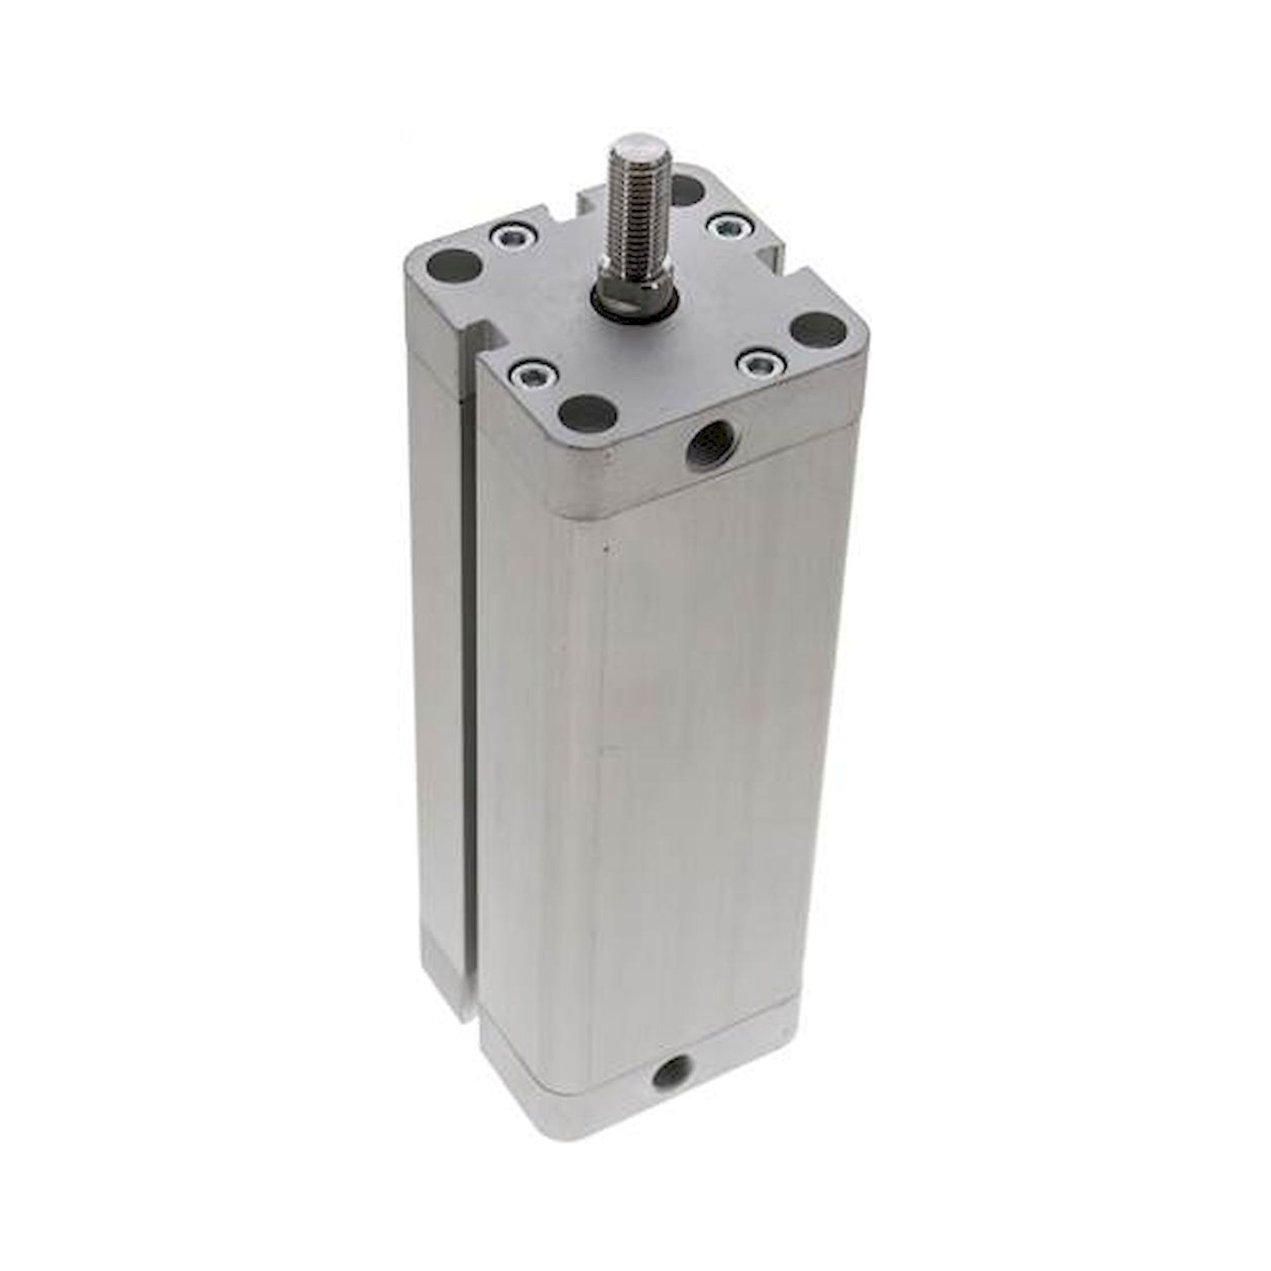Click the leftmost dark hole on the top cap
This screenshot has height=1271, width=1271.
coord(453,266)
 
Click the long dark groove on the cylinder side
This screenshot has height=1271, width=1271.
coord(469,724)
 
